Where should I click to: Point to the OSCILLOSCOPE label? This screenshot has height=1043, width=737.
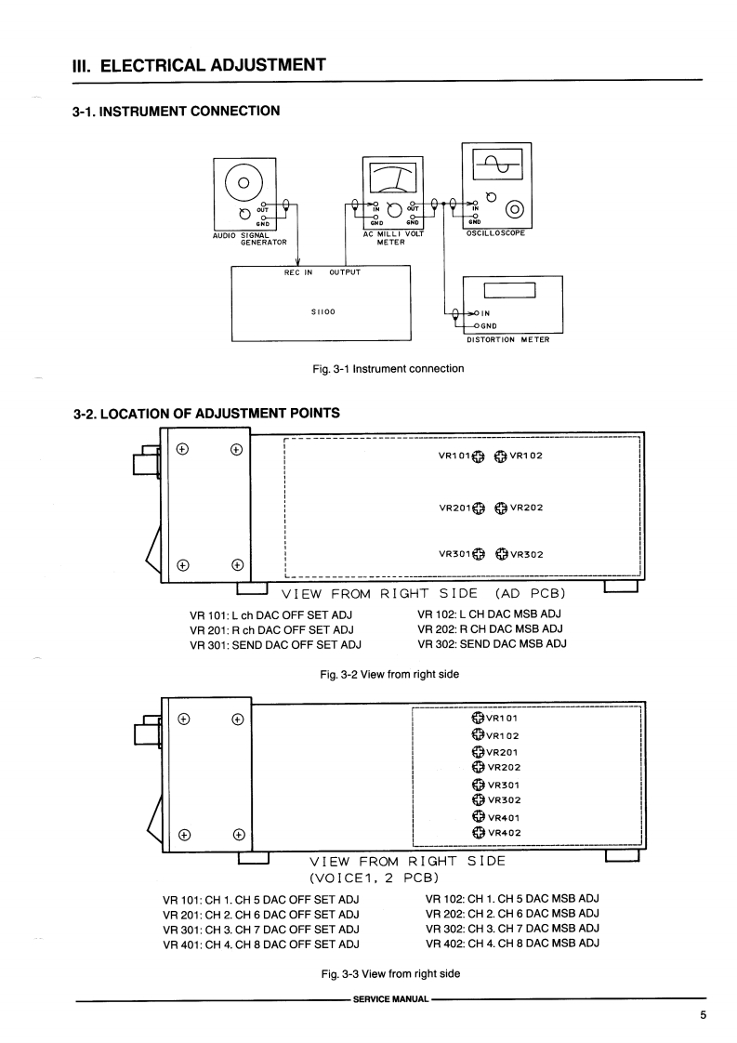coord(496,233)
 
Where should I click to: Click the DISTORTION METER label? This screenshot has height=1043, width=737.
coord(507,339)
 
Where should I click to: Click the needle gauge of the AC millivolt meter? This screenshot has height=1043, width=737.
coord(391,177)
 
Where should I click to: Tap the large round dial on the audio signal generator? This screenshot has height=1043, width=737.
coord(244,180)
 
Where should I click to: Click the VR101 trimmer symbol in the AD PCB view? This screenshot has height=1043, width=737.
coord(479,455)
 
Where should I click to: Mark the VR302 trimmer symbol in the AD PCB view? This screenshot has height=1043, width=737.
coord(500,555)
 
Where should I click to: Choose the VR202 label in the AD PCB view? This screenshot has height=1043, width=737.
coord(526,508)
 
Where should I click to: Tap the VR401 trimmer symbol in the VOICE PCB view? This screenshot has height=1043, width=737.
coord(479,816)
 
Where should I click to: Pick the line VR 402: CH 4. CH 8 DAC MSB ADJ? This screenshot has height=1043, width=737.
coord(512,944)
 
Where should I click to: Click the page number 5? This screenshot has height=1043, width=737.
coord(703,1015)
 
